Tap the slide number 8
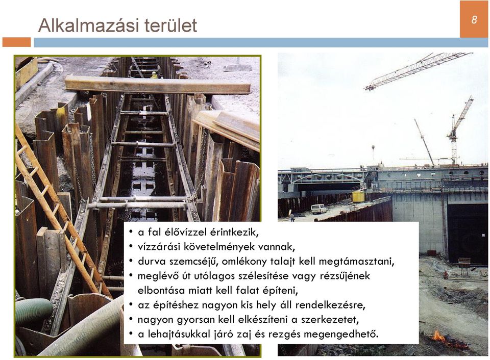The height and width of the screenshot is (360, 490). point(474,20)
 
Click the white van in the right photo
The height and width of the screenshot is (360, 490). point(318,209)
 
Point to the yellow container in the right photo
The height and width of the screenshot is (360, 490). point(359,197)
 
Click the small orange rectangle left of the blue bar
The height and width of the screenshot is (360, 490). point(16,42)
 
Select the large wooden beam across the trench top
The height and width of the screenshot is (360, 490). point(158,85)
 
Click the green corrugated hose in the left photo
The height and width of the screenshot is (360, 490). point(33,311)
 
